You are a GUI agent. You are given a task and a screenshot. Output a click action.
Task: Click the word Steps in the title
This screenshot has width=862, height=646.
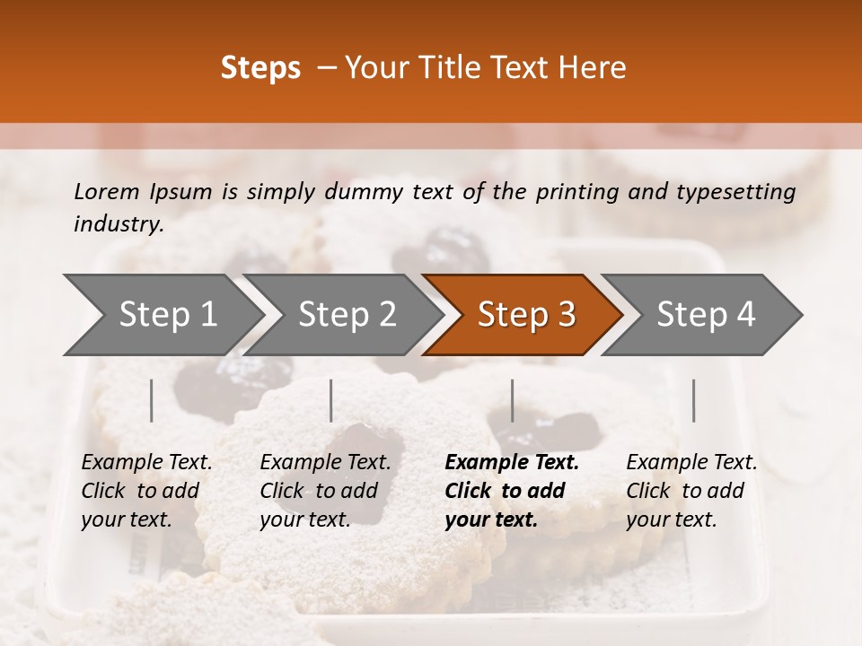point(260,68)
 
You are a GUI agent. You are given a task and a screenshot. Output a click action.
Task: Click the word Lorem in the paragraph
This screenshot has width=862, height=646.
point(106,191)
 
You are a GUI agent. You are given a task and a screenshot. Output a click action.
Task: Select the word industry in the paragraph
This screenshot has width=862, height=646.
point(118,224)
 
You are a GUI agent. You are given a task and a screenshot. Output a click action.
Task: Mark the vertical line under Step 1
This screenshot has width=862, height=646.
point(152,400)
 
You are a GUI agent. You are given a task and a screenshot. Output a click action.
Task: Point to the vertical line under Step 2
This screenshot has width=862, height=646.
point(331,400)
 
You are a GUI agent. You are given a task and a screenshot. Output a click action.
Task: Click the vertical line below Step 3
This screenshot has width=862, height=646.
point(513,400)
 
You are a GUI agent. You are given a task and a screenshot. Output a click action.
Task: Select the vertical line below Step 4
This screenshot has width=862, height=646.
point(694,400)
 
